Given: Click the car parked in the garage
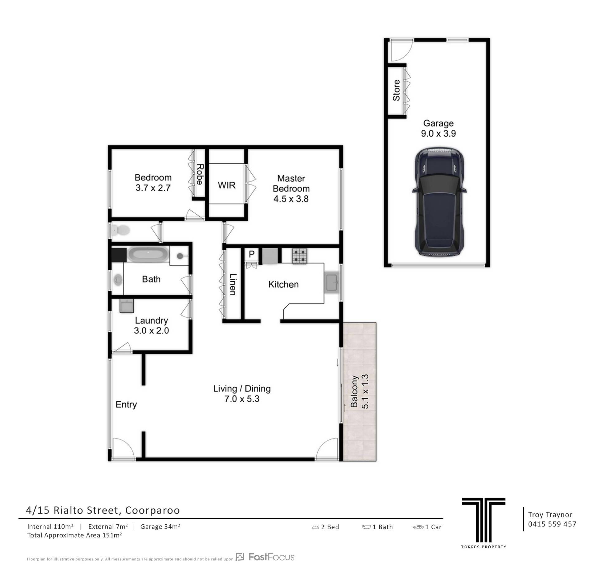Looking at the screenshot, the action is (439, 202).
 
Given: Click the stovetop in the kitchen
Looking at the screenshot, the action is (299, 256).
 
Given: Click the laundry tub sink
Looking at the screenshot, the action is (127, 306).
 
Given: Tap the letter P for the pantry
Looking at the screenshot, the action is (252, 254).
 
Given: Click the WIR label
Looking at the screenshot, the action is (226, 185).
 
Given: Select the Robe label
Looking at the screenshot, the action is (200, 175).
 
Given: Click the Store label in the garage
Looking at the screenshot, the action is (396, 90).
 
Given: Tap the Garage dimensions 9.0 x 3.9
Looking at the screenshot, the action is (439, 133).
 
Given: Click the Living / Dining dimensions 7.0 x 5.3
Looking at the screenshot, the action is (242, 399).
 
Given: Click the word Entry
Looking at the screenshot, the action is (126, 405).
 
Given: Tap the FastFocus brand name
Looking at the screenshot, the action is (271, 557).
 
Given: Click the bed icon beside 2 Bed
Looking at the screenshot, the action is (316, 527).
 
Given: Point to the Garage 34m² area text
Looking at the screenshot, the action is (160, 526).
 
